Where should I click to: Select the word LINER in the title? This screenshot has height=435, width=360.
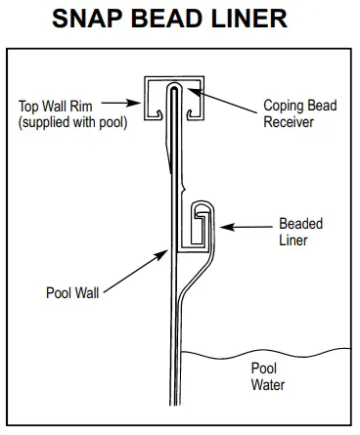click(x=249, y=19)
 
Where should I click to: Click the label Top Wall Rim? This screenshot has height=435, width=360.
click(x=56, y=107)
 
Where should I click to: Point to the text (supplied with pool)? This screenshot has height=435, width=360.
click(x=72, y=122)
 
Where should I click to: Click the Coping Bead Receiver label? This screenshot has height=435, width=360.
click(x=300, y=113)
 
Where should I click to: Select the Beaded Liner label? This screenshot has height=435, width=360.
click(x=301, y=232)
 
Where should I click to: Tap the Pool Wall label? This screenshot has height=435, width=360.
click(x=72, y=292)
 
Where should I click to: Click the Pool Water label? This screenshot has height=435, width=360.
click(x=268, y=376)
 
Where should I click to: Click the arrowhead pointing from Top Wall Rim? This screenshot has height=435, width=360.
click(x=136, y=104)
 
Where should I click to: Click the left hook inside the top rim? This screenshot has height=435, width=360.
click(x=158, y=113)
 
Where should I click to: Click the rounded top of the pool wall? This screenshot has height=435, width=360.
click(x=174, y=84)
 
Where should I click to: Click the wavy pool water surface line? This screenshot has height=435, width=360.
click(x=266, y=355)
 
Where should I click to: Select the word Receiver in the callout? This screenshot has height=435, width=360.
click(x=289, y=122)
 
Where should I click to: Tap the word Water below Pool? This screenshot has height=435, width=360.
click(x=268, y=384)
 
